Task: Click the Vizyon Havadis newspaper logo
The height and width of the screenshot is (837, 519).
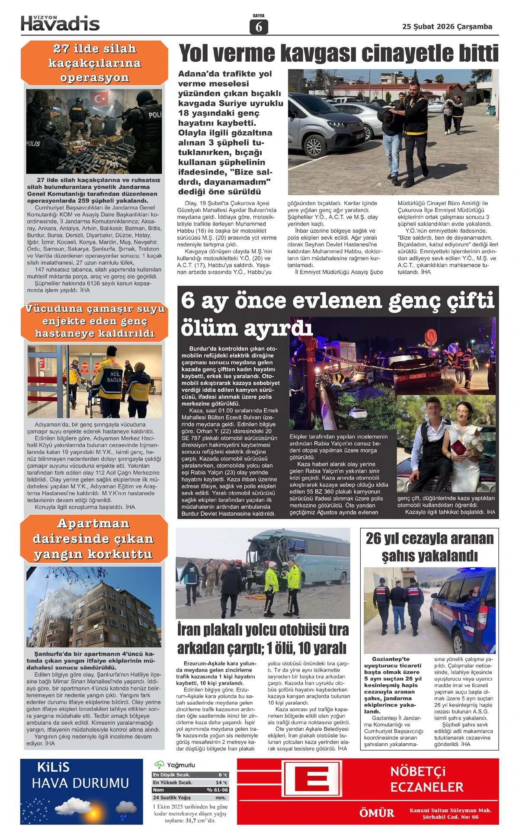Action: click(x=60, y=23)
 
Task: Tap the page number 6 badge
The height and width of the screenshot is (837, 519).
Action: click(x=259, y=27)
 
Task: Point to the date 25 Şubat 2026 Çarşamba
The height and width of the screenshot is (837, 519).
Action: click(x=447, y=27)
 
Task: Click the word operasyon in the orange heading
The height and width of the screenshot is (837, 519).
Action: click(x=94, y=78)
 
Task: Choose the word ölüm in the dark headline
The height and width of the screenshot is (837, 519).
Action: click(x=209, y=328)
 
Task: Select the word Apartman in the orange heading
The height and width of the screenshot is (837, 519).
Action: click(x=93, y=523)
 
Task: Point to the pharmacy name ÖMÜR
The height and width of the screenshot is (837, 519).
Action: click(x=376, y=813)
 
